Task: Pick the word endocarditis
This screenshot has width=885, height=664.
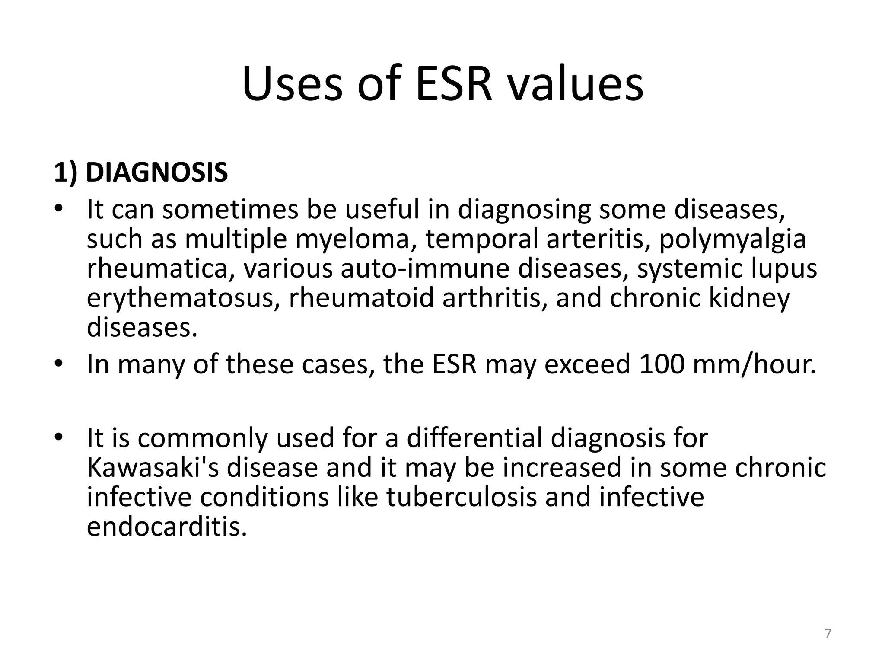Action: (x=167, y=527)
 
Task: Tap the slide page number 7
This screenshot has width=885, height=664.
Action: (x=828, y=634)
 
